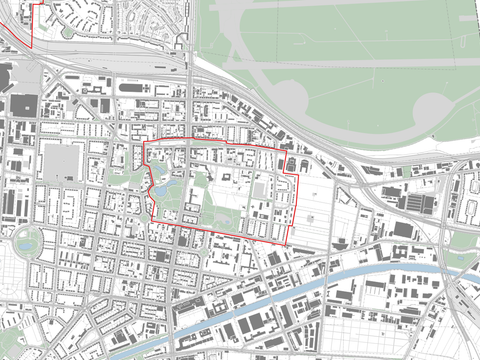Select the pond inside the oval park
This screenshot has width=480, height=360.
coord(26,240)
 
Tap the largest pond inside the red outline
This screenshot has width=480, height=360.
coord(161,186)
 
